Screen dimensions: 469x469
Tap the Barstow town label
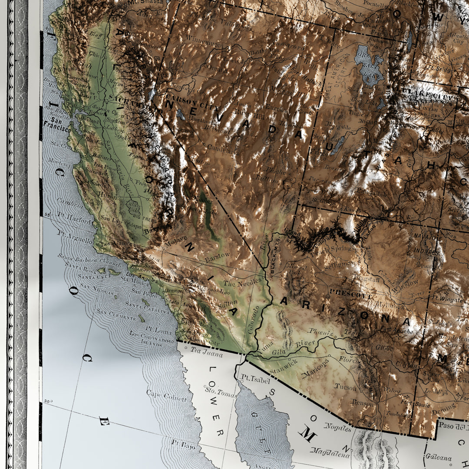point(217,256)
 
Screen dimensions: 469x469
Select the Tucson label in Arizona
point(346,387)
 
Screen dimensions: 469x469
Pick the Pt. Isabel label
point(256,380)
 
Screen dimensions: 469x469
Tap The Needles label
point(243,283)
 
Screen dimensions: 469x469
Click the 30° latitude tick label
point(48,401)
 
